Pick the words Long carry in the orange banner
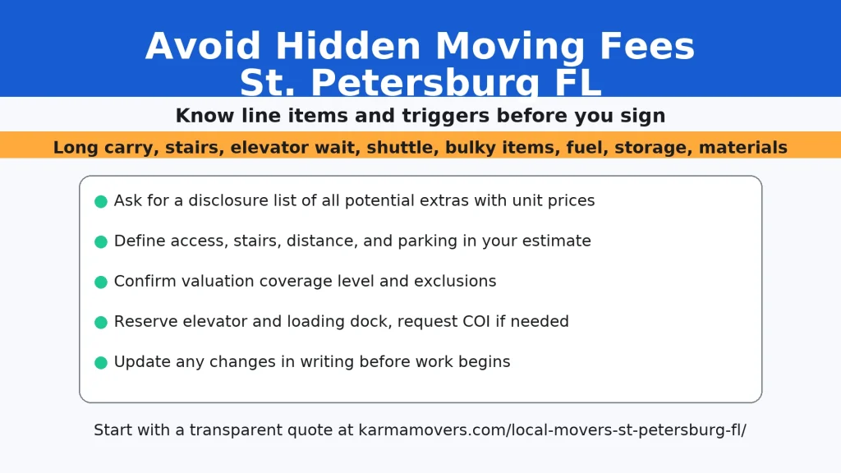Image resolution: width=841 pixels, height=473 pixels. tap(103, 148)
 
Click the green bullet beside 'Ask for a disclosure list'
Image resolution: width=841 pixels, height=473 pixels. tap(101, 201)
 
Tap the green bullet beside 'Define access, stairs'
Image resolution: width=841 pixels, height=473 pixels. tap(101, 241)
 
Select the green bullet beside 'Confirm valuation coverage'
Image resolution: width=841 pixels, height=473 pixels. tap(101, 282)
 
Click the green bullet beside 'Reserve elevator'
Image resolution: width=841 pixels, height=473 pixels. tap(101, 322)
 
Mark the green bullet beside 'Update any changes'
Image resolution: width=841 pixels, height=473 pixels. tap(101, 362)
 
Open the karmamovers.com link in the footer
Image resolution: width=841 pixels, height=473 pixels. tap(552, 430)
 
